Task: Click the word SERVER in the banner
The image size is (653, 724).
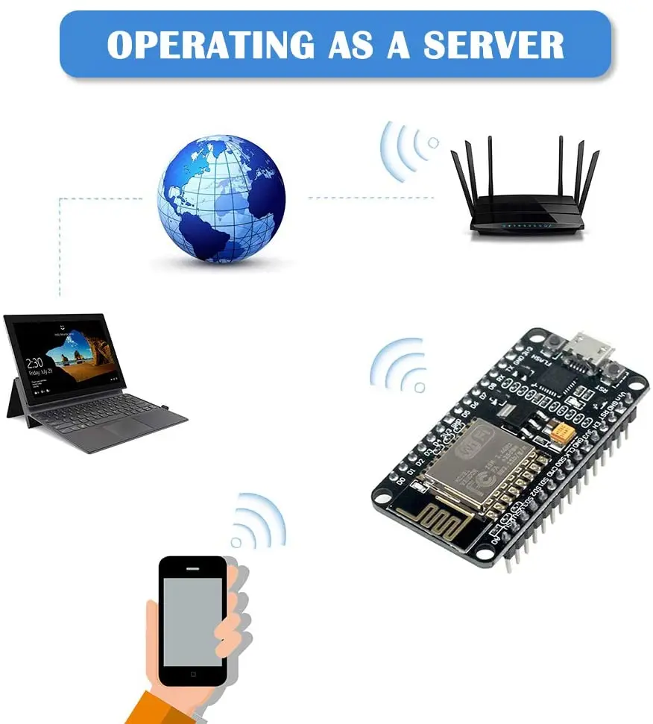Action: coord(493,45)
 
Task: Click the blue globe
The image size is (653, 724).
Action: coord(221,198)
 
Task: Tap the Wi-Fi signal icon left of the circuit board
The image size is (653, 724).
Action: coord(400,365)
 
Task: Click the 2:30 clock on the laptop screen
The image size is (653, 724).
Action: coord(34,364)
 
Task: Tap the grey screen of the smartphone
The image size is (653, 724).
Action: coord(193,621)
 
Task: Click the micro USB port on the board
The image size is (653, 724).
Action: coord(590,348)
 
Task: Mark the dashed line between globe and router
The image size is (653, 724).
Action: coord(370,198)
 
